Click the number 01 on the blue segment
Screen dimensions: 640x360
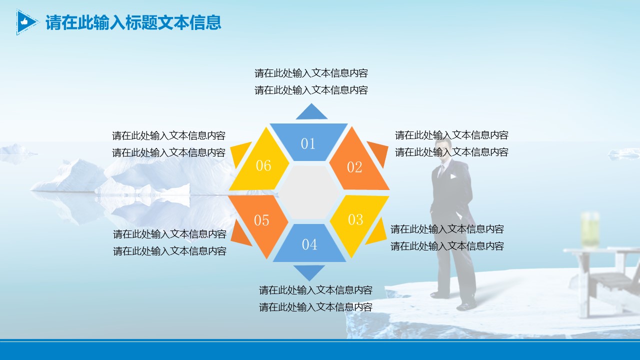click(308, 143)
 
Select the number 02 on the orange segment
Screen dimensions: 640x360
click(354, 167)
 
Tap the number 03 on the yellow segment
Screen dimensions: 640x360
click(355, 219)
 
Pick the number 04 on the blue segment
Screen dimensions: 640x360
click(309, 244)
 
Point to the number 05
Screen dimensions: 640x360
click(261, 220)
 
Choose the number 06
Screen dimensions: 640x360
click(263, 165)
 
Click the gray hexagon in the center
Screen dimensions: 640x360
click(309, 192)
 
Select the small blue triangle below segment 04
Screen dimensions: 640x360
click(309, 271)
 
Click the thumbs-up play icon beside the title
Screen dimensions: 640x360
click(27, 22)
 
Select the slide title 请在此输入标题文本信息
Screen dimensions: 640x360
click(133, 22)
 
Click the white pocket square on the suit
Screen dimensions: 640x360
click(453, 176)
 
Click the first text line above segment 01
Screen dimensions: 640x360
click(311, 73)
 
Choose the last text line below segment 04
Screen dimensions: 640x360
click(315, 307)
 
